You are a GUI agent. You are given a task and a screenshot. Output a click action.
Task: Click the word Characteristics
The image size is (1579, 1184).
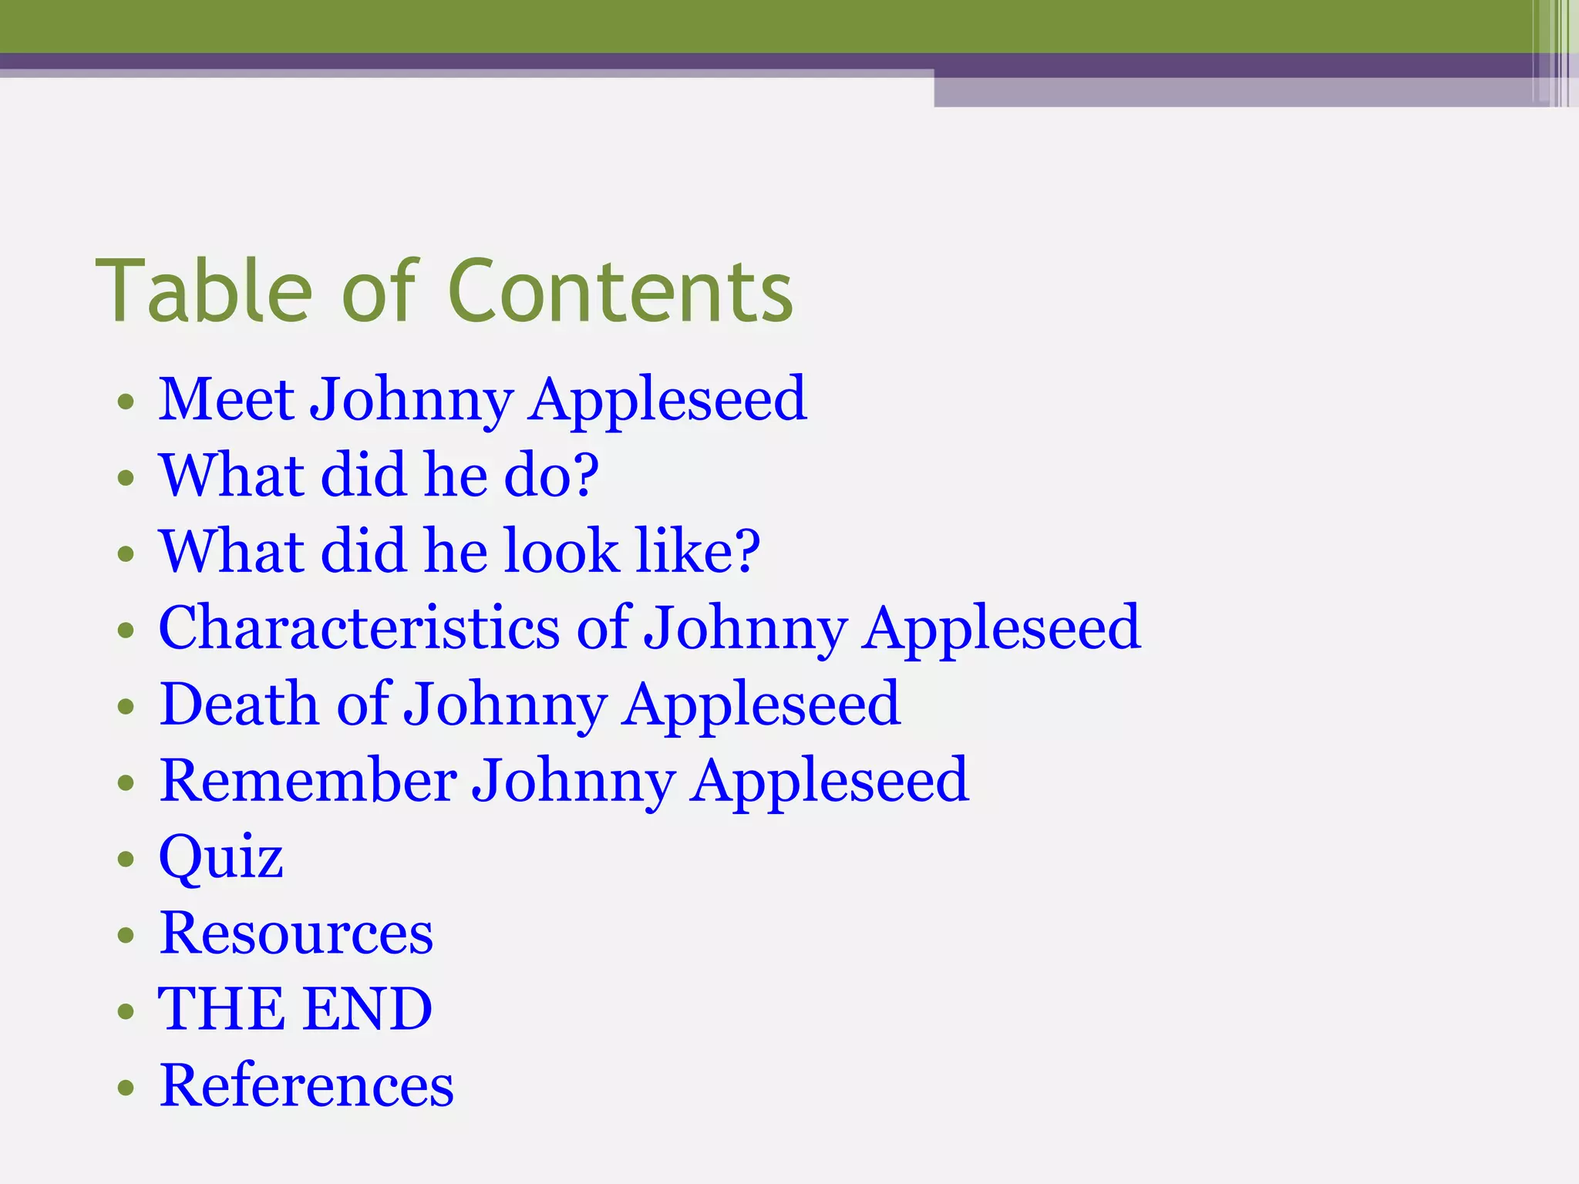point(359,627)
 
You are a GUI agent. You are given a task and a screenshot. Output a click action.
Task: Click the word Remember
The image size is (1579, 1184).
point(308,780)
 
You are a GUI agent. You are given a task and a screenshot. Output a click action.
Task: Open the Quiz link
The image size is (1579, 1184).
point(221,856)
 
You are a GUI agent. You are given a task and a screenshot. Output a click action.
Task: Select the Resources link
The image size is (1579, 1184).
point(296,933)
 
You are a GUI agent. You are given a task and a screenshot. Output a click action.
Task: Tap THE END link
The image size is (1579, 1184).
point(295,1009)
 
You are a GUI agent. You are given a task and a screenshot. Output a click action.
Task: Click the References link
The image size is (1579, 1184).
point(306,1085)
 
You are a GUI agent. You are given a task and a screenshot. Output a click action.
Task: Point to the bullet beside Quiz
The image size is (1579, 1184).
point(126,859)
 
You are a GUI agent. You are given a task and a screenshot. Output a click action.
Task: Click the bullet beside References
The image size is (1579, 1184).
point(126,1088)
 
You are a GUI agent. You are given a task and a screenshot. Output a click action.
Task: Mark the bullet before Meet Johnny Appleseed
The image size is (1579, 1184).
point(126,402)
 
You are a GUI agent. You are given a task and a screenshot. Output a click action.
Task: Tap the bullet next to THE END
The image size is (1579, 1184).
point(126,1011)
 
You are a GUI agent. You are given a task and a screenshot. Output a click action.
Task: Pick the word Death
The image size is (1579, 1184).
point(238,704)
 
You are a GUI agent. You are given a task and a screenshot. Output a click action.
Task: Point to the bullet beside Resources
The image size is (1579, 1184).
point(126,935)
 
